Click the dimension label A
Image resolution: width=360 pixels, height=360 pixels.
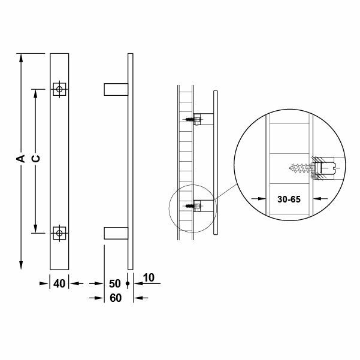pos(20,159)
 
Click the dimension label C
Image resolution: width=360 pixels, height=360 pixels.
pos(35,159)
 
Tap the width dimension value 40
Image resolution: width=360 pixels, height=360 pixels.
pos(59,283)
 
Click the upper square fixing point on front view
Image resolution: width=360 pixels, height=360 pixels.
pos(59,89)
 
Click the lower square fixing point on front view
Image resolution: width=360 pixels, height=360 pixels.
pos(59,232)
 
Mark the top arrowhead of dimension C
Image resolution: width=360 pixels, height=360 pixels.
pos(36,93)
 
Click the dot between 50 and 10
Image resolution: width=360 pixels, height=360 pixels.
pos(128,283)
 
